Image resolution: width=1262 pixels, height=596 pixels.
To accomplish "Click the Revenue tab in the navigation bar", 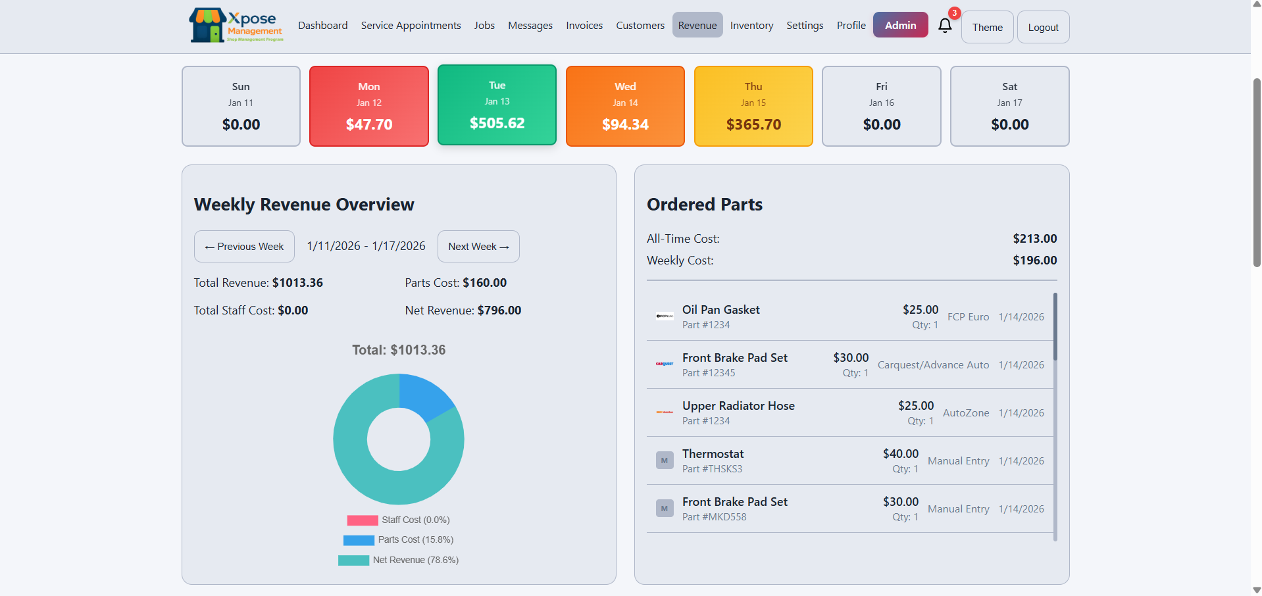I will (697, 26).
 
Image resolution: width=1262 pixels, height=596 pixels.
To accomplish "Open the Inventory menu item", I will (751, 26).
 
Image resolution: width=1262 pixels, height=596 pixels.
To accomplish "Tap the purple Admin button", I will (900, 25).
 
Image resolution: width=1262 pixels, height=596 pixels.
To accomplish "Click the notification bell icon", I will (945, 26).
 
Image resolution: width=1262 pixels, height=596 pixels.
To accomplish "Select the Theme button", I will (987, 27).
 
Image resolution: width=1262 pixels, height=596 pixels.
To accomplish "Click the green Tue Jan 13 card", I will (497, 105).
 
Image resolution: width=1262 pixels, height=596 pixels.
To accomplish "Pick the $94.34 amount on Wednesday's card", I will (625, 124).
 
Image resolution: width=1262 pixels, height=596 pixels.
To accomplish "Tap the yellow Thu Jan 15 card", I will (753, 106).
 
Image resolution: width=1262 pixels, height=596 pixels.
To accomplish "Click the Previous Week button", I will (244, 247).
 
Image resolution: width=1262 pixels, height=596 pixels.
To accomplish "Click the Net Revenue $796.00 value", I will (499, 310).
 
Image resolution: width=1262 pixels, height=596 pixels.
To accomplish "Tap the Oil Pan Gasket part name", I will (720, 310).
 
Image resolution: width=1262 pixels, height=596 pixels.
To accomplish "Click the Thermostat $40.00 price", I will (900, 454).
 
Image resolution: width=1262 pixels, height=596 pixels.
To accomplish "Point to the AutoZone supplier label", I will (965, 413).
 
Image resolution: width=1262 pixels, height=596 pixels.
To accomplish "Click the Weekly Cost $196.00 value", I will (1034, 261).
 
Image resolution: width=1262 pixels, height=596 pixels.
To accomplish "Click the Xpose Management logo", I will (236, 26).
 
